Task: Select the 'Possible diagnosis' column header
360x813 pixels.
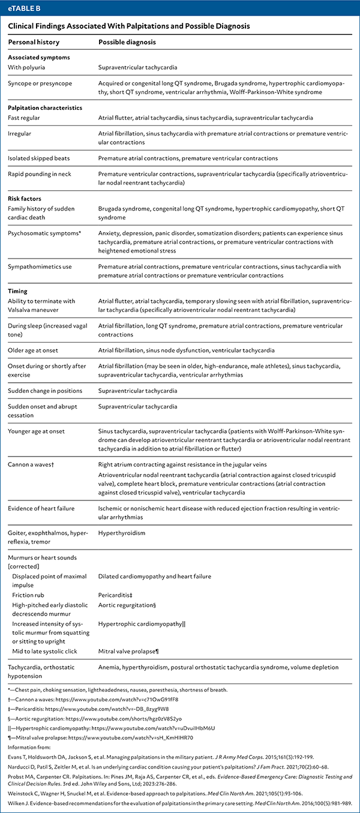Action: coord(127,43)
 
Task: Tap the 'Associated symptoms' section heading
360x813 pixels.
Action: coord(38,58)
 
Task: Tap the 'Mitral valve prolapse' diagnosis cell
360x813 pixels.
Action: coord(129,650)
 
